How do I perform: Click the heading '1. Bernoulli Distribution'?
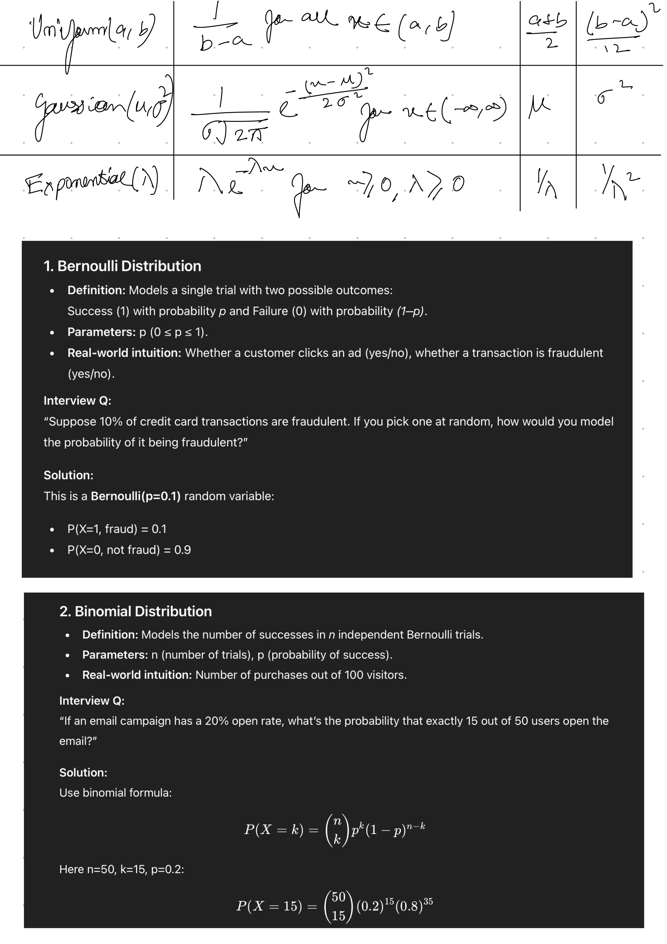122,266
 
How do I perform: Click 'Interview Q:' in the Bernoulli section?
77,400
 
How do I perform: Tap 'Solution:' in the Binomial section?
83,772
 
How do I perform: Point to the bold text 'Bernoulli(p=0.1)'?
136,496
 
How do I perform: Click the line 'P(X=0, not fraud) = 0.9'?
129,550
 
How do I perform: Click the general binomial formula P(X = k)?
334,830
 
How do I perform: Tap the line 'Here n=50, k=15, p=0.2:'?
122,869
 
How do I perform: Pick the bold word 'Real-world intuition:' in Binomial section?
137,675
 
